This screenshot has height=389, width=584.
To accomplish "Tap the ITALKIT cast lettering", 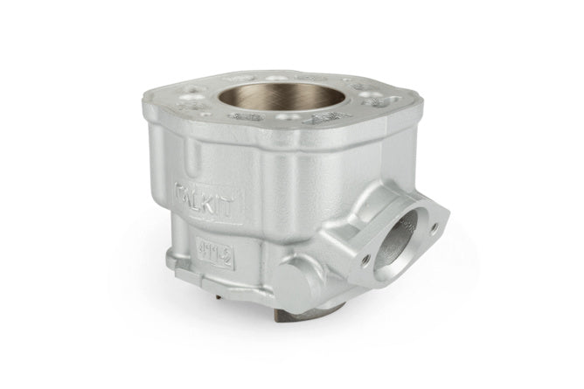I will click(206, 191).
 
